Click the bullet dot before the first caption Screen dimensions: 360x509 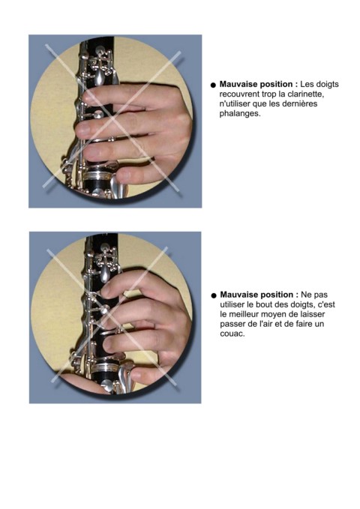tap(213, 85)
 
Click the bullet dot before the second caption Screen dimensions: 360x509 tap(214, 295)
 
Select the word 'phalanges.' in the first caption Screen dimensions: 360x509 tap(240, 114)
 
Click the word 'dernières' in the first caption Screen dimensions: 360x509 tap(301, 104)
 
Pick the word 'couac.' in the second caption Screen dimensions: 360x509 tap(232, 334)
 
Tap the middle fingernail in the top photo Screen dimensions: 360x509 tap(82, 129)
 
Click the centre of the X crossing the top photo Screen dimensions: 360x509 tap(113, 118)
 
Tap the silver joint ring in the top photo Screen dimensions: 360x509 tap(98, 177)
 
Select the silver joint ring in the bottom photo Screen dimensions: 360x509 tap(106, 367)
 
